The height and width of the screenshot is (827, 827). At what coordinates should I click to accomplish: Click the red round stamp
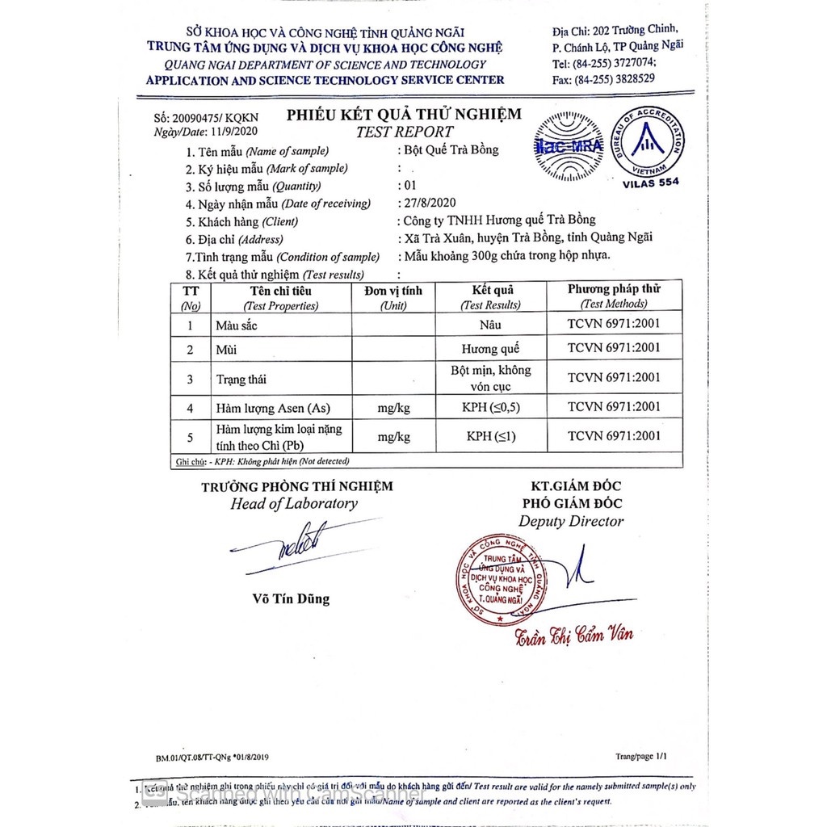click(x=502, y=579)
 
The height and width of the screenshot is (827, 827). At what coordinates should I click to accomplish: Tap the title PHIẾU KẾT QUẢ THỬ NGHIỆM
click(x=404, y=115)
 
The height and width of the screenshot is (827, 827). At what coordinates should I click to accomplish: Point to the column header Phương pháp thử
click(x=613, y=290)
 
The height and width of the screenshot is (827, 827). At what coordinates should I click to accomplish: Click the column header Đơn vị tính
click(x=393, y=291)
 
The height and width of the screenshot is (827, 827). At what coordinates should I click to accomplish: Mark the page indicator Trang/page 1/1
click(x=641, y=756)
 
